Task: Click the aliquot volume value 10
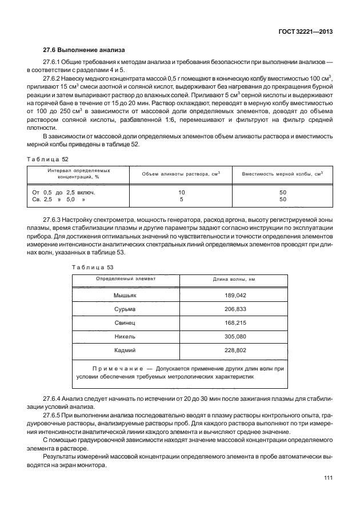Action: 181,193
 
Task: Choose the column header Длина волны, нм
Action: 234,279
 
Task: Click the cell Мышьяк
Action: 125,296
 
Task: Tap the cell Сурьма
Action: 125,309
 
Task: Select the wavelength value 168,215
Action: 234,323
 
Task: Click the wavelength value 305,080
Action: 234,337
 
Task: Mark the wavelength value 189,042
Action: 234,296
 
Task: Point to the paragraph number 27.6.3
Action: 54,220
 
